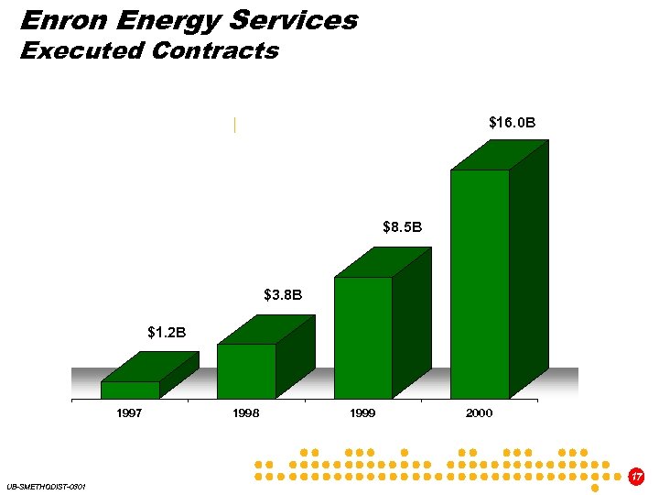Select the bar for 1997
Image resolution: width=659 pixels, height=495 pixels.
[130, 390]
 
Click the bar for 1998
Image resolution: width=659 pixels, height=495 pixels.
[246, 370]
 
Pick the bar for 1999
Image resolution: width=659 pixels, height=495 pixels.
[362, 336]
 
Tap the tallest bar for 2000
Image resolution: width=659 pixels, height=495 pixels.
[480, 283]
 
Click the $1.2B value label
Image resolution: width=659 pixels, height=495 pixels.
[167, 332]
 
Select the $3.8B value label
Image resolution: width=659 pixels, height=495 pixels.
[283, 294]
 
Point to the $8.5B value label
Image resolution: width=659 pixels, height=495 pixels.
[402, 225]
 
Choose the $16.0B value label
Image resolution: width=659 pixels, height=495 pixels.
[512, 122]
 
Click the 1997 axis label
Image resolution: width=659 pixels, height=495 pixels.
[129, 413]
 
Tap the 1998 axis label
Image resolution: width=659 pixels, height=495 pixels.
[245, 413]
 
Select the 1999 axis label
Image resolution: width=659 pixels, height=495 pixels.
[362, 413]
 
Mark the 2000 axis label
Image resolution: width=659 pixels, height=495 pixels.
[479, 413]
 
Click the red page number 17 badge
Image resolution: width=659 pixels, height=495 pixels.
[637, 476]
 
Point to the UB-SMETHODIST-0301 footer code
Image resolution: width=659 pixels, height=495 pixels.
[45, 486]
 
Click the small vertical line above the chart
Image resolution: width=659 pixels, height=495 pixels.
[235, 126]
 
